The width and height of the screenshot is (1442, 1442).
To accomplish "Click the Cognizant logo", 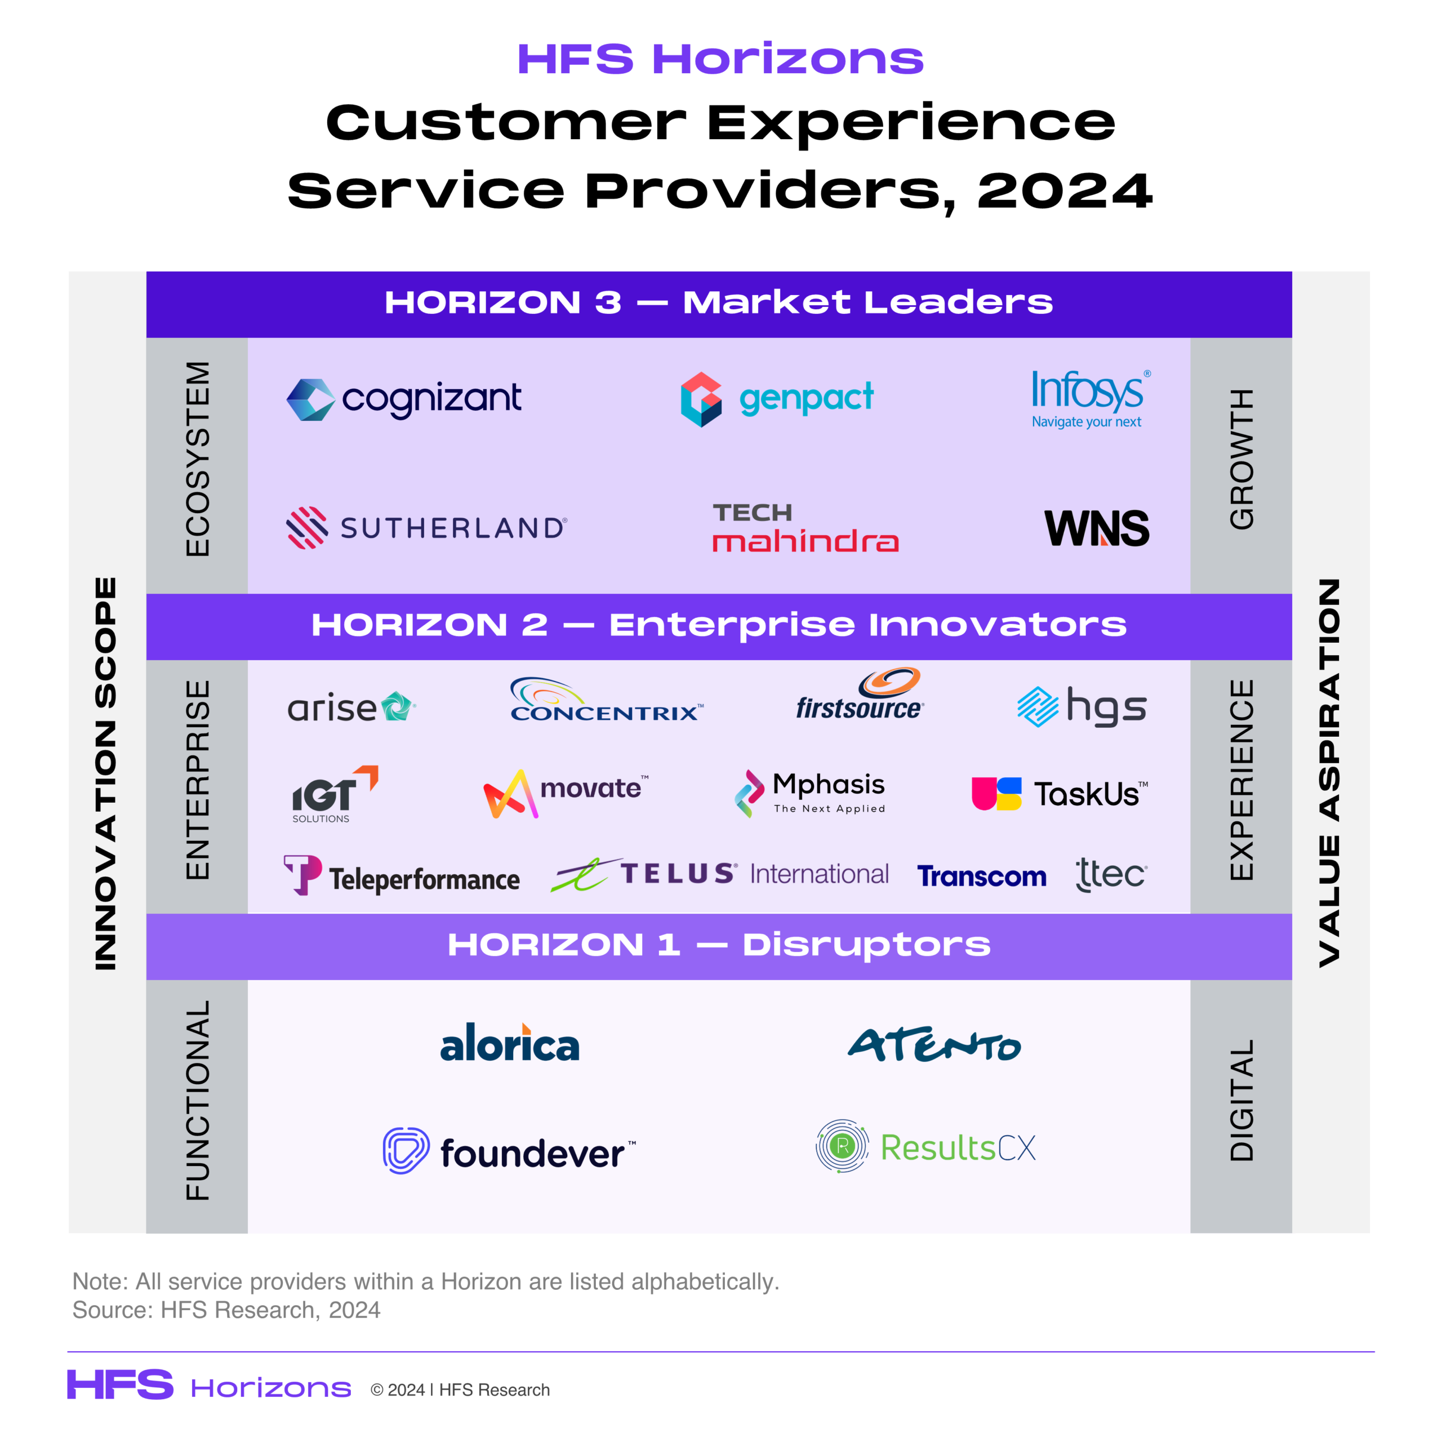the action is click(404, 399).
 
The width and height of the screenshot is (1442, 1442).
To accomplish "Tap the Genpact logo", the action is click(776, 399).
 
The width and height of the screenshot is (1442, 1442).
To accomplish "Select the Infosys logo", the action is click(1091, 399).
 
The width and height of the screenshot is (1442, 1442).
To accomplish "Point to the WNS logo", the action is click(1097, 528).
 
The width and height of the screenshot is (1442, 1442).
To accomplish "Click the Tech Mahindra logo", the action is click(805, 528).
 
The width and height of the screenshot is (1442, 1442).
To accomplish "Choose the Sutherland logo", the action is click(427, 528).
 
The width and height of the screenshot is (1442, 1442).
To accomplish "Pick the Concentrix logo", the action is click(606, 700).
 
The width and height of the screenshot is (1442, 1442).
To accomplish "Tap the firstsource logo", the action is click(860, 694).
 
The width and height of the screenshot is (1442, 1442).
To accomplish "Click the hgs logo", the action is click(1081, 706).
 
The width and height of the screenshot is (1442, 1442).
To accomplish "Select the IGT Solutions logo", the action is click(335, 794).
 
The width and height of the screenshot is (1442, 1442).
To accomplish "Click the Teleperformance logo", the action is click(402, 875).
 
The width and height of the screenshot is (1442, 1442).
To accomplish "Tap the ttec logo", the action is click(1111, 874).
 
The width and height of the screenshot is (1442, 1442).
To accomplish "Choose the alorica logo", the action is click(510, 1043).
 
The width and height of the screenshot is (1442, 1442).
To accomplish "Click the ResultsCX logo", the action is click(925, 1146).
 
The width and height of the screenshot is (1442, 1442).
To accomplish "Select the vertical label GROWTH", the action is click(1242, 459).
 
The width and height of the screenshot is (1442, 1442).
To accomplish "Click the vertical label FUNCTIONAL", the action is click(198, 1100).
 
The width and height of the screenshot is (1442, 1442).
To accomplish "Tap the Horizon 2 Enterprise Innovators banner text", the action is click(719, 625).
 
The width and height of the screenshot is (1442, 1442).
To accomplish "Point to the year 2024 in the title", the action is click(1065, 191).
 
